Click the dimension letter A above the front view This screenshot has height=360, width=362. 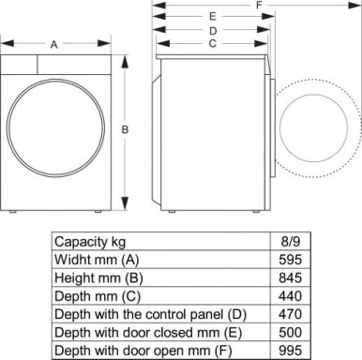tap(54, 44)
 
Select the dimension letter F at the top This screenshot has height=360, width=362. tap(258, 5)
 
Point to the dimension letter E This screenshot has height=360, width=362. tap(214, 17)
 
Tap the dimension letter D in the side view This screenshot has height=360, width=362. tap(214, 30)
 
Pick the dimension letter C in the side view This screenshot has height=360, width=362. tap(214, 43)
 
